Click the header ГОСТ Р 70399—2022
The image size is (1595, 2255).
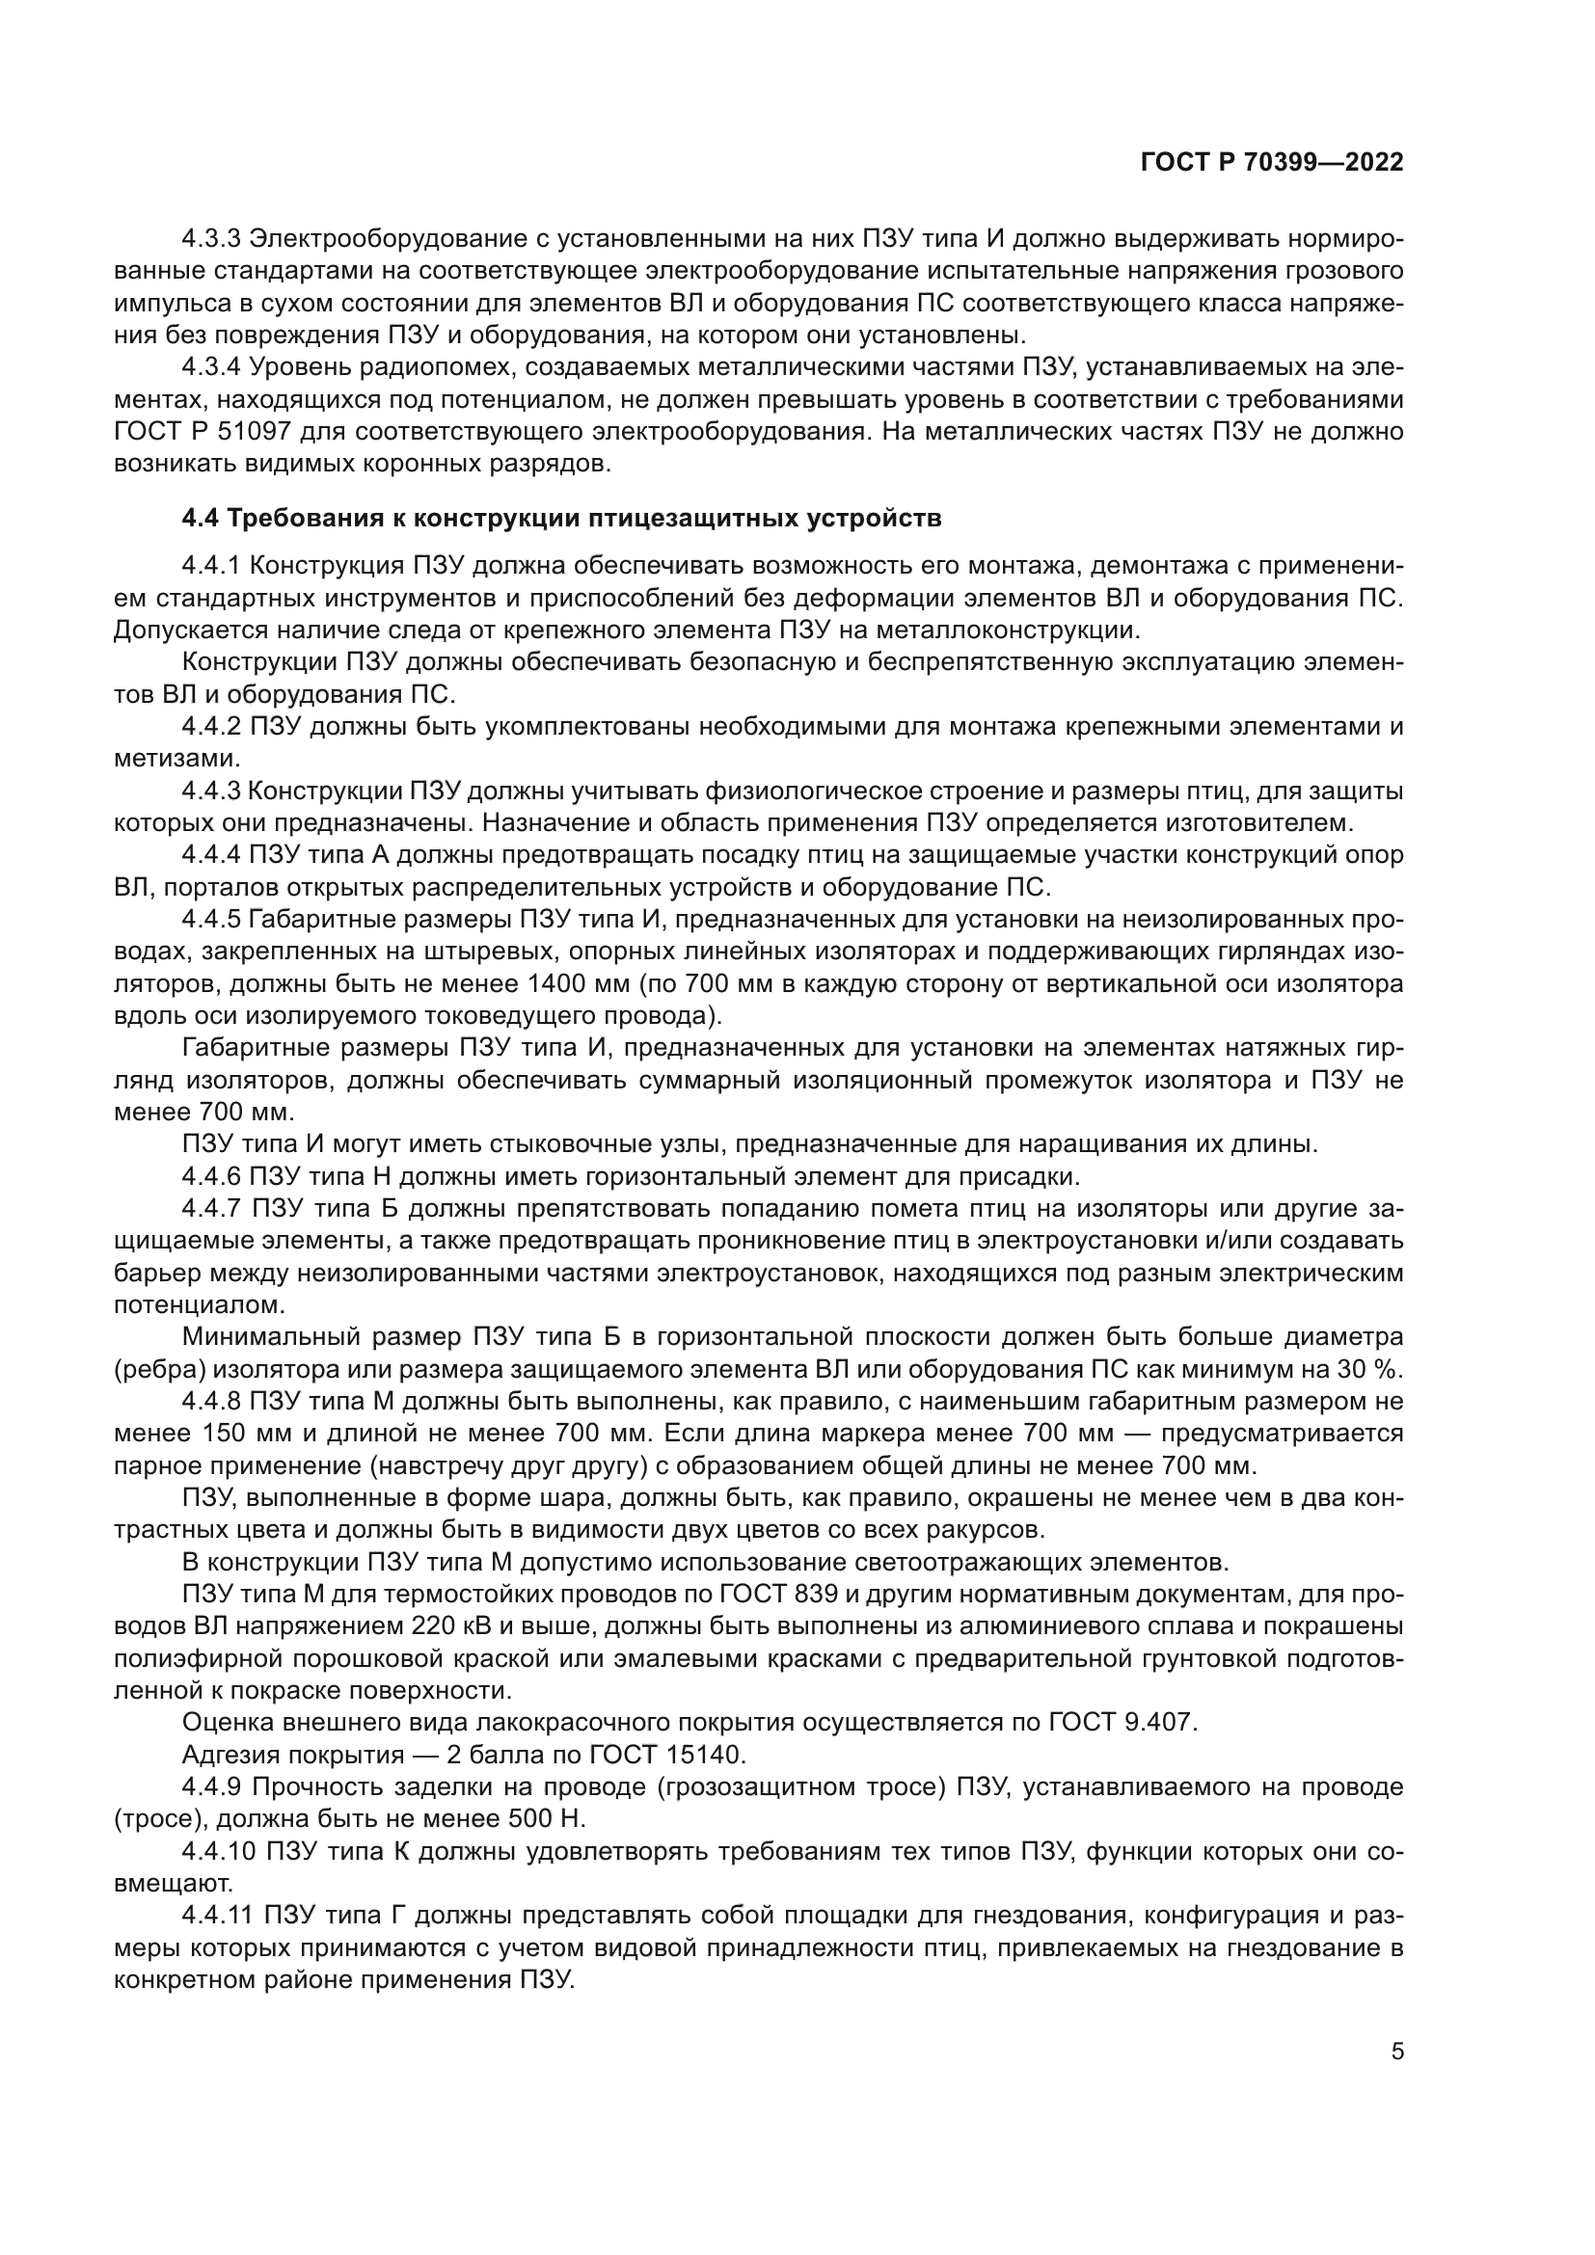coord(1272,163)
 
